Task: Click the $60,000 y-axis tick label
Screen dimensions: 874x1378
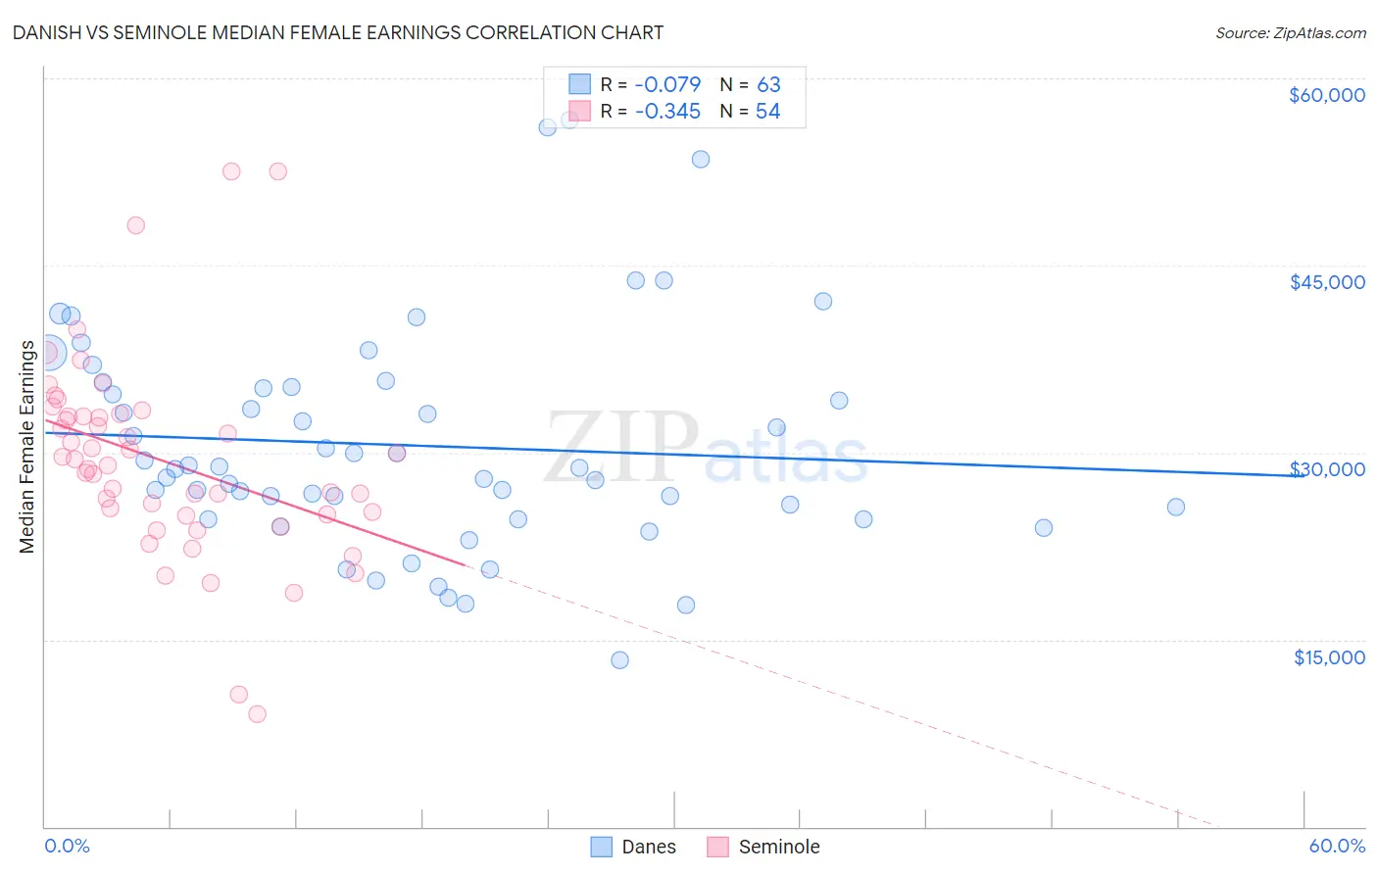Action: tap(1326, 95)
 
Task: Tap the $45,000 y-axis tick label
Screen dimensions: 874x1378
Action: tap(1326, 282)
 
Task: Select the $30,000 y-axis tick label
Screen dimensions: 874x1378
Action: tap(1326, 469)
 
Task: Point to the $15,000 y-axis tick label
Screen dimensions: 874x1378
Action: tap(1329, 657)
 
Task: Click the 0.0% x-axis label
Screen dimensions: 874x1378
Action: tap(67, 846)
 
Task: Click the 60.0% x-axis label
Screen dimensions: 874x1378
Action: tap(1337, 846)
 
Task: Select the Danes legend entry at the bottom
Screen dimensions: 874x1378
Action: tap(648, 847)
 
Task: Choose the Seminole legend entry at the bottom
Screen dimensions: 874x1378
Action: tap(778, 847)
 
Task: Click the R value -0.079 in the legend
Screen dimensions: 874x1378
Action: tap(667, 84)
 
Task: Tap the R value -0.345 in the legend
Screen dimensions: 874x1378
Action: tap(667, 111)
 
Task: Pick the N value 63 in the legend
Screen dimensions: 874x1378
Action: tap(768, 84)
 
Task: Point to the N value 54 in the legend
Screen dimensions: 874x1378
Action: tap(767, 111)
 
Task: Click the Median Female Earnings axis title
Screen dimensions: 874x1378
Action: tap(27, 447)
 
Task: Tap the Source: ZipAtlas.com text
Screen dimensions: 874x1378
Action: tap(1290, 33)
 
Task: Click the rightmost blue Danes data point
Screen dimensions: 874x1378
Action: tap(1176, 507)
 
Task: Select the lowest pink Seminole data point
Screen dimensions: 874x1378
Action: tap(257, 713)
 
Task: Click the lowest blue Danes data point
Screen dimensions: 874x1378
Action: tap(619, 659)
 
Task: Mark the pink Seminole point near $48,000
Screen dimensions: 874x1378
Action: tap(136, 225)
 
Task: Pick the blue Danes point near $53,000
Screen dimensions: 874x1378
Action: tap(701, 159)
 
